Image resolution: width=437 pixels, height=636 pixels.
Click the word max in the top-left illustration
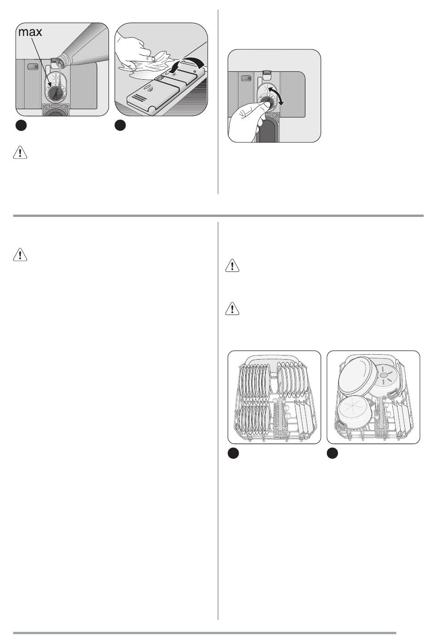pos(30,32)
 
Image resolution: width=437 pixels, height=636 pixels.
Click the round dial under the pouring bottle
pos(53,92)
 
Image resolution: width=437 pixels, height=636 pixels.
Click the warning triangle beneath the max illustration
pos(20,152)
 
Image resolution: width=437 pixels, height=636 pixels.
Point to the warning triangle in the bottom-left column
pos(20,254)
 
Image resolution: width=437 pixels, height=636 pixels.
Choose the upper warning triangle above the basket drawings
pos(232,265)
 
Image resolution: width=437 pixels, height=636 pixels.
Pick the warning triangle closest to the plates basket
pos(232,309)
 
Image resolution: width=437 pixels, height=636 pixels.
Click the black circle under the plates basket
pos(233,453)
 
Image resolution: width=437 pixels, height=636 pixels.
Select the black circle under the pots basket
pos(333,453)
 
